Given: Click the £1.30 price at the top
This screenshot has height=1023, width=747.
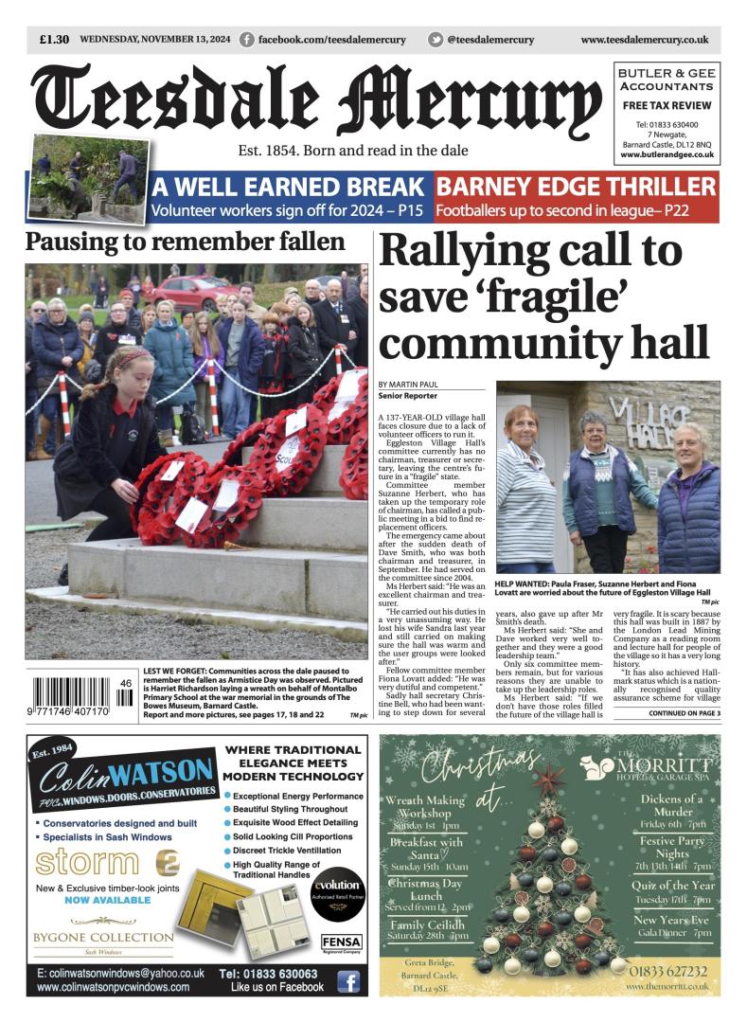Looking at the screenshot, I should pos(54,40).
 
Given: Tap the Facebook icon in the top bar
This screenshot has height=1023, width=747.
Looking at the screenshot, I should pos(247,40).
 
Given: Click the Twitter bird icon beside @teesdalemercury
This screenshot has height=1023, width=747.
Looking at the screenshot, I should pos(435,40).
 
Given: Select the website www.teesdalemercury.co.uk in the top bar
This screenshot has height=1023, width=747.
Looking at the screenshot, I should pos(644,40).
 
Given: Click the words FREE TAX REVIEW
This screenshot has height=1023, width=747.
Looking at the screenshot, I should pos(667,105).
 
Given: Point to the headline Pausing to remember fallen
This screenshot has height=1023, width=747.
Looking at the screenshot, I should pos(185,242).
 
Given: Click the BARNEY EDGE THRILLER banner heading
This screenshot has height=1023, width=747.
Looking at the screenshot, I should pos(576,186).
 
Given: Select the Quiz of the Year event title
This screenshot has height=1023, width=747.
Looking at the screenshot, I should pos(672,886).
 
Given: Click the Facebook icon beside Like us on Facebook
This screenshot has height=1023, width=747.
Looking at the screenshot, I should pos(348,982).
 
